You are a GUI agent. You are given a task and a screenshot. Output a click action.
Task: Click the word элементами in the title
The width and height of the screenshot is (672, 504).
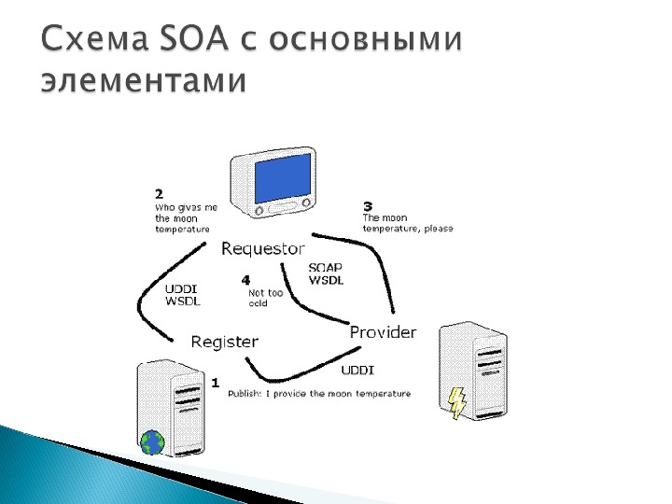(x=145, y=81)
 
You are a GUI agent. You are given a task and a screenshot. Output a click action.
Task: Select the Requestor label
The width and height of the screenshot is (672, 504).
(x=262, y=248)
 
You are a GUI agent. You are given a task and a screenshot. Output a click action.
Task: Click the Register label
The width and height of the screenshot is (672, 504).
(x=224, y=342)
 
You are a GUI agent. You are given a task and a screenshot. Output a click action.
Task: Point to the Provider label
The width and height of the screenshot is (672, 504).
(x=383, y=332)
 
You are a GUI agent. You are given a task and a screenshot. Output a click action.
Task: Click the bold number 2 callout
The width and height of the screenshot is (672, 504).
(x=160, y=194)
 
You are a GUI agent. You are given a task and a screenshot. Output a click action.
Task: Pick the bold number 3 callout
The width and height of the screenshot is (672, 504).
(x=368, y=206)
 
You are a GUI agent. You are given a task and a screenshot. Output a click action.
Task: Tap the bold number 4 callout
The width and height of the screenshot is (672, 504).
(x=245, y=280)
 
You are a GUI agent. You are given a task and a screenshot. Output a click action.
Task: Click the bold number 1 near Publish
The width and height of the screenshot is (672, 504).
(x=216, y=383)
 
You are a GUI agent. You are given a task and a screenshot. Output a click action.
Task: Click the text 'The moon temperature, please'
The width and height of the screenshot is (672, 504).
(x=407, y=224)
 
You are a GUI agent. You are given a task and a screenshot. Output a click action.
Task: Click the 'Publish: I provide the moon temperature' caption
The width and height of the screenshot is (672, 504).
(x=319, y=394)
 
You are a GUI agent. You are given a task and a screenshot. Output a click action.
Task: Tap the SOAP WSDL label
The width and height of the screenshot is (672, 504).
(x=326, y=273)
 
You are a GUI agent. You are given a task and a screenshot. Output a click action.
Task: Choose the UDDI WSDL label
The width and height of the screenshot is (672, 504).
(x=182, y=294)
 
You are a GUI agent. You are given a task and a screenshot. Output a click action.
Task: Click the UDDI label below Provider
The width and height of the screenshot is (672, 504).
(x=357, y=370)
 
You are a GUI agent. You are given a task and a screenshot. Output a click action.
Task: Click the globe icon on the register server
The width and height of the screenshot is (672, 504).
(x=150, y=442)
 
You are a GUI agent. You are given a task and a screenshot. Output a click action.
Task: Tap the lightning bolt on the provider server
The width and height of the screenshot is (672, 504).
(x=457, y=402)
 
